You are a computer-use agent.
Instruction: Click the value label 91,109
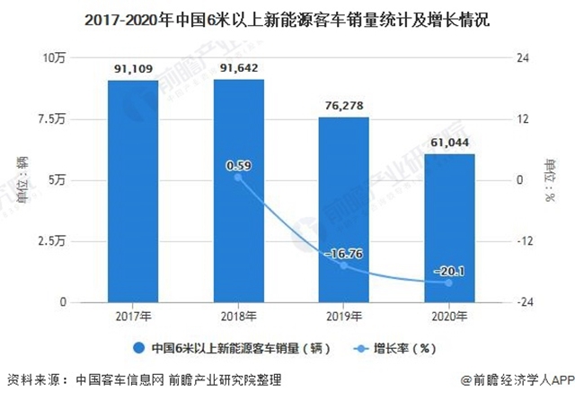click(x=132, y=67)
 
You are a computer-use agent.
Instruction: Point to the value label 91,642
click(x=238, y=66)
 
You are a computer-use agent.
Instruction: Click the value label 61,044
click(x=449, y=142)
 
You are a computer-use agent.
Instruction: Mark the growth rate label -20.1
click(x=449, y=270)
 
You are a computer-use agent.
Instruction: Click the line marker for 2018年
click(x=238, y=177)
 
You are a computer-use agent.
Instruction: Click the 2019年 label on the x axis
click(x=343, y=317)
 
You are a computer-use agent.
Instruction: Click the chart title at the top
click(x=287, y=18)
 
